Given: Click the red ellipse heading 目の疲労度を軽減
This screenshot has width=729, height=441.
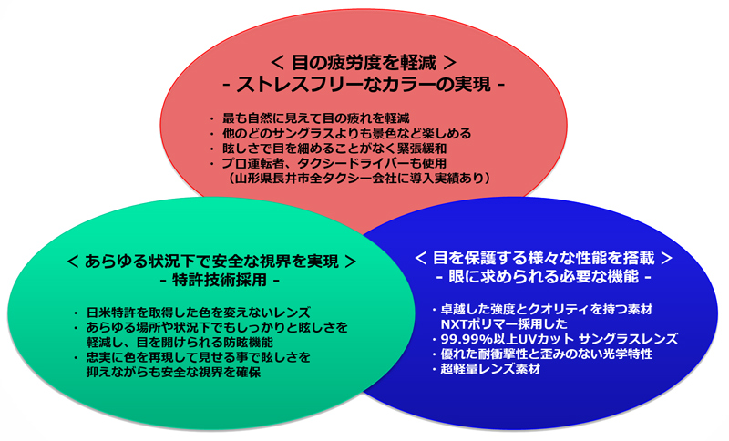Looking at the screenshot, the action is pos(364,62).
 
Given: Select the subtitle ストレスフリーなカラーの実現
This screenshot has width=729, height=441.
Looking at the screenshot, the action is pos(364,85).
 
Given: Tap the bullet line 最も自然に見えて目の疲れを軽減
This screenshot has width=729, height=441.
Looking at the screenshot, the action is pos(315,118).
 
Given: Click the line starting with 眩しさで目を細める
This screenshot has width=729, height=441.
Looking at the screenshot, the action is pos(334,149).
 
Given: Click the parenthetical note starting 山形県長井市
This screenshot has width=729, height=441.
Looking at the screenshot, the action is pos(360,179).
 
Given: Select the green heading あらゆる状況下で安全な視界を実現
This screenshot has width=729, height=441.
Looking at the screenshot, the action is pos(212,262).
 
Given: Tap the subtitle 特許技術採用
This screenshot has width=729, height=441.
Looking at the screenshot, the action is pos(220,281).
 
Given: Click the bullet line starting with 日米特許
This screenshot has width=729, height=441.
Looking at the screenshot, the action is pos(199,313).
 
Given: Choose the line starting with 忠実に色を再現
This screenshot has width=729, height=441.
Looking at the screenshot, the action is pos(198,358).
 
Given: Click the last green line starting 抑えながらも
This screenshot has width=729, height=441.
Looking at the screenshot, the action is pos(173,373).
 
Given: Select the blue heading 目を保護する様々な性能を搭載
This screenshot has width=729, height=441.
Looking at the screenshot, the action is pos(543,258).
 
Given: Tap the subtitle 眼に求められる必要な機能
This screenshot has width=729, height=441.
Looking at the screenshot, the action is pos(543,277).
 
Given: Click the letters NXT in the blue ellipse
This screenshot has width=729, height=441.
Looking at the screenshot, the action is pos(453,323).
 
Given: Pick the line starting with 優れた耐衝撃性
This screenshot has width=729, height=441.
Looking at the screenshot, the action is pos(546,354).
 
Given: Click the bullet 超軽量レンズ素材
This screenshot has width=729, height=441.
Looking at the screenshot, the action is pos(490,369).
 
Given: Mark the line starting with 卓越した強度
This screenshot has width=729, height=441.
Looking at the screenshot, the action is pos(546,309).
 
